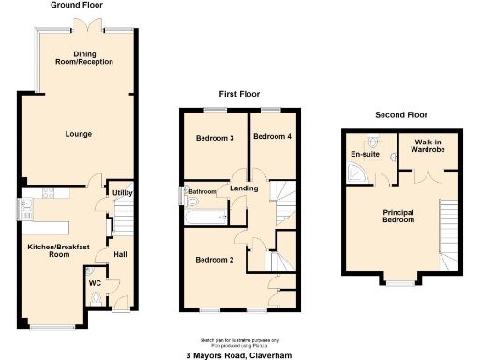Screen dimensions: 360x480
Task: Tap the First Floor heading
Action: (239, 95)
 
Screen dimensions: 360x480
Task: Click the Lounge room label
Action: (79, 134)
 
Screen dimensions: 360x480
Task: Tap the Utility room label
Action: (122, 192)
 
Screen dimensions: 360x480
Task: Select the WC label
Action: (95, 281)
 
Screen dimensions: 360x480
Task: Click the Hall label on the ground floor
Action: (121, 253)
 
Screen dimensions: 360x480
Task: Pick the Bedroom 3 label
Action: (215, 139)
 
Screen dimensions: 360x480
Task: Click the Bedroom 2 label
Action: (215, 259)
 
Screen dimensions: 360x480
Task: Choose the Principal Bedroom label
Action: (405, 217)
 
